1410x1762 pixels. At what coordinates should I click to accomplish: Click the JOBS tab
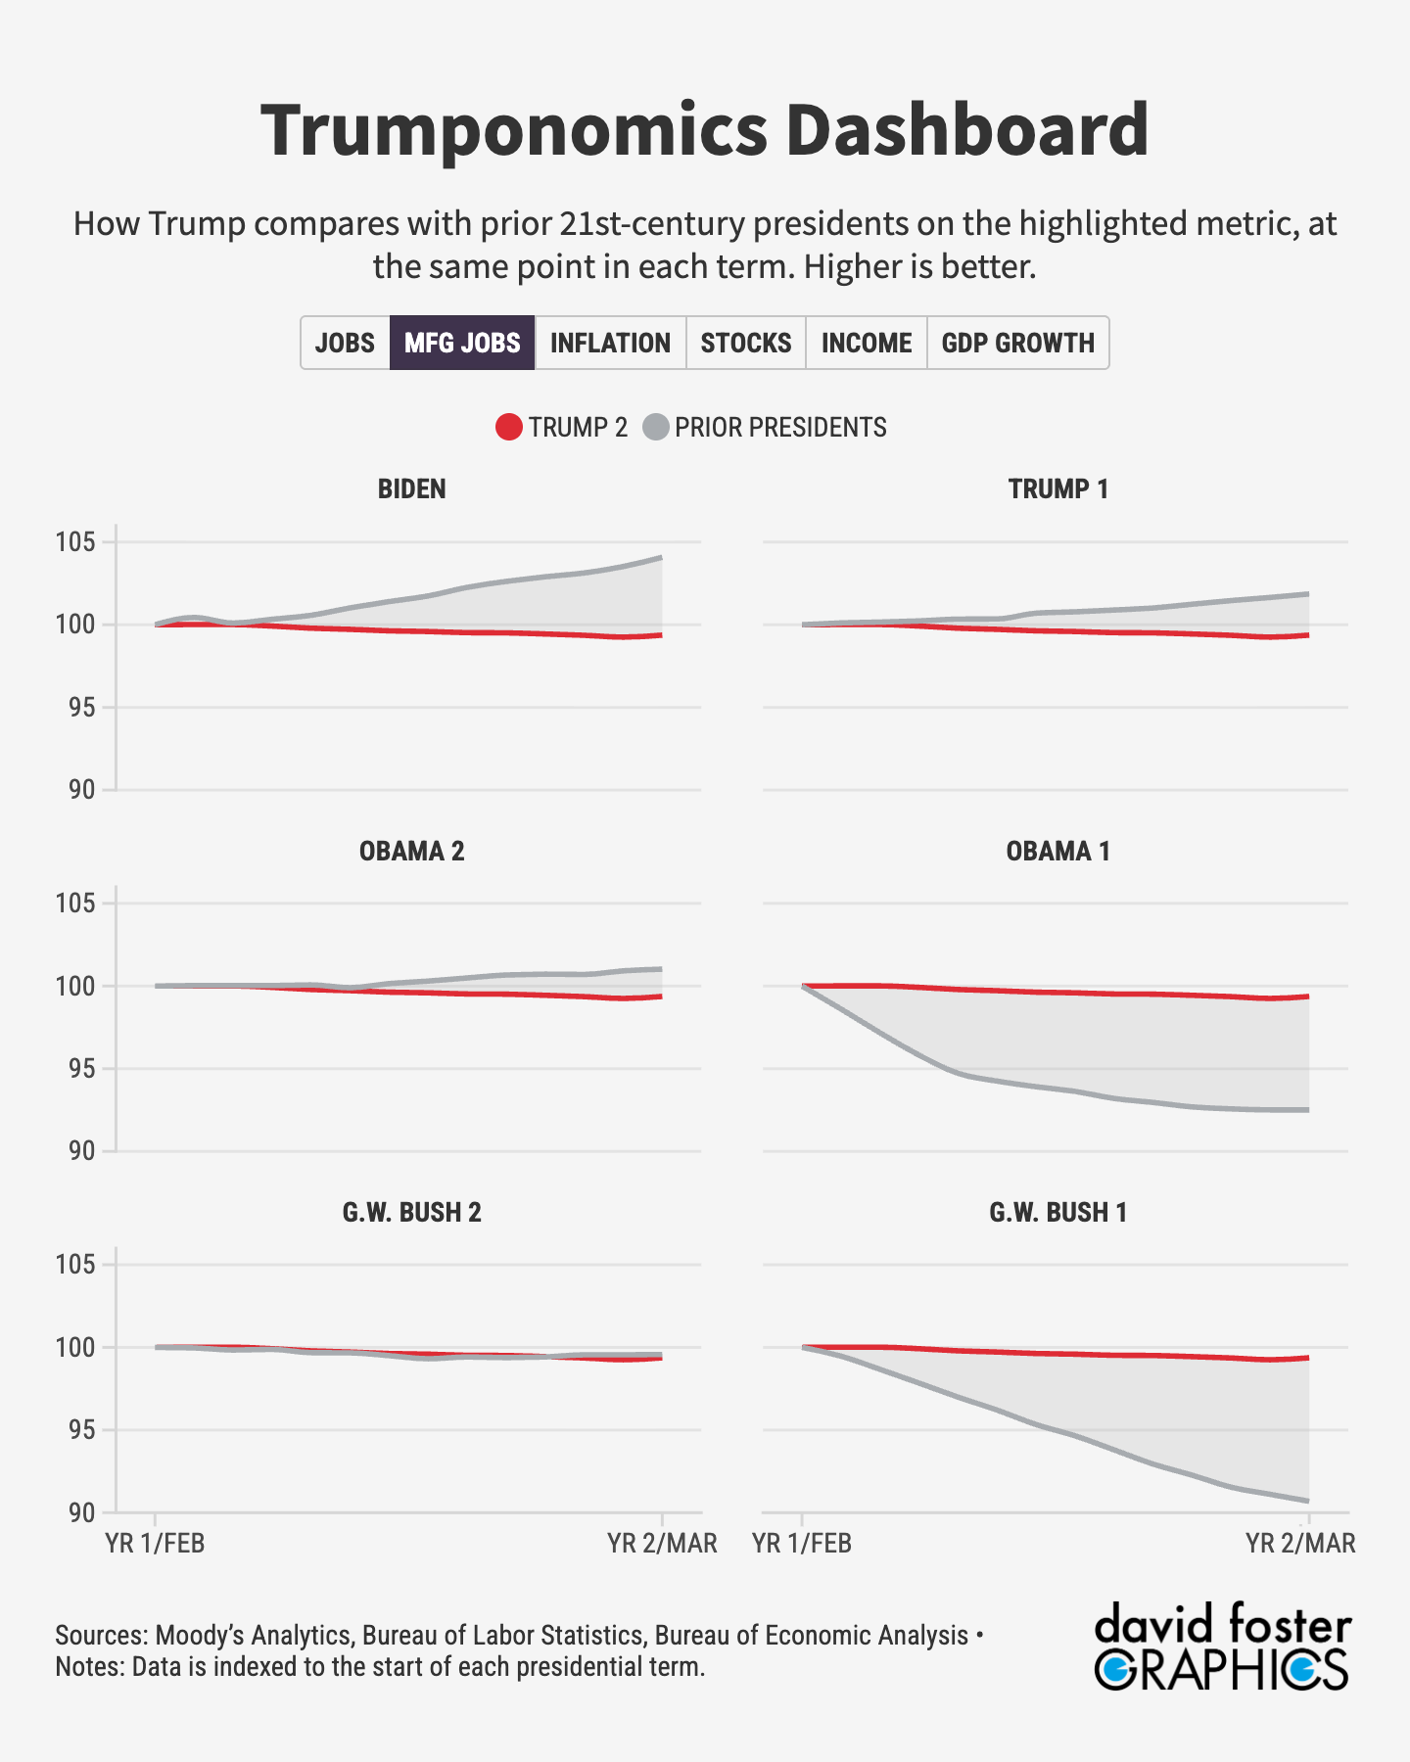pos(345,343)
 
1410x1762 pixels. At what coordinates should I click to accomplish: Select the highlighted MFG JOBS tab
pos(462,343)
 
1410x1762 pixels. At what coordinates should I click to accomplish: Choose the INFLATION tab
pos(610,343)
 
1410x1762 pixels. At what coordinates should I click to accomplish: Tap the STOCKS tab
pos(746,343)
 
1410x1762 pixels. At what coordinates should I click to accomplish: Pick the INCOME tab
pos(867,343)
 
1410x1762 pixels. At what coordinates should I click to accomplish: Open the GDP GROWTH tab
pos(1017,343)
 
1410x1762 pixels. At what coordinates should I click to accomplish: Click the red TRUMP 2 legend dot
pos(509,428)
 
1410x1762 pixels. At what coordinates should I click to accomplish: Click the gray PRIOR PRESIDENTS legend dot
pos(656,428)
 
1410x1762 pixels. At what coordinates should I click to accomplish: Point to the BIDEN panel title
pos(411,488)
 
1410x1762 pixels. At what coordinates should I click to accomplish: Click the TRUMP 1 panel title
pos(1058,488)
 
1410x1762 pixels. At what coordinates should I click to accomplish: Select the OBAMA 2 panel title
pos(411,851)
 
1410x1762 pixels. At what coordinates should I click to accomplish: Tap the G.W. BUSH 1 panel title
pos(1058,1212)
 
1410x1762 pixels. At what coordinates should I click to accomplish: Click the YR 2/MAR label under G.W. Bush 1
pos(1300,1544)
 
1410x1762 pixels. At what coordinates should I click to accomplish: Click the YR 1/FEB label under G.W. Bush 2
pos(155,1544)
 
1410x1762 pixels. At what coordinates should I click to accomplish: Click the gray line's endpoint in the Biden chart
pos(662,558)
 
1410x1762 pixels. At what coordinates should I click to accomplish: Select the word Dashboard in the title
pos(966,130)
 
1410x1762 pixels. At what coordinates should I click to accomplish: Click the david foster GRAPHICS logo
pos(1222,1646)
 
